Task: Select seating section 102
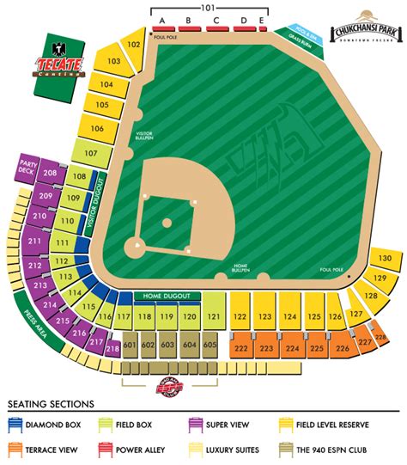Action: click(x=133, y=44)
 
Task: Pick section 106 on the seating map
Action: click(x=96, y=129)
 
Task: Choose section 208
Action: click(x=51, y=174)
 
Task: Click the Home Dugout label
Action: click(x=167, y=297)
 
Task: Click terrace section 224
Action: click(x=291, y=349)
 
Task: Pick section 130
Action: click(x=386, y=258)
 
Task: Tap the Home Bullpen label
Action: click(x=241, y=271)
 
